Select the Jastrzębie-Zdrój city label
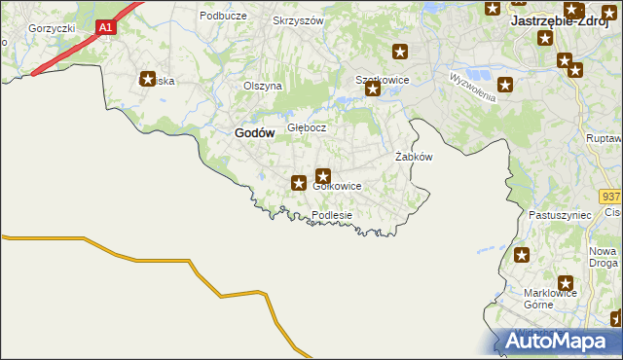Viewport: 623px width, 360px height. click(566, 21)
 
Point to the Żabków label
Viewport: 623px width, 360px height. click(413, 157)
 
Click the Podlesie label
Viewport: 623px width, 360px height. click(331, 215)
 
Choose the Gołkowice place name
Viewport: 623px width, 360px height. click(337, 186)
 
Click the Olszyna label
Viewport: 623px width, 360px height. click(262, 86)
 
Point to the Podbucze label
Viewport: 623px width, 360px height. click(222, 16)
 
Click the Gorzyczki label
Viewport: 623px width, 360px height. click(52, 28)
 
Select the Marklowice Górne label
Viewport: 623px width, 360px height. click(551, 298)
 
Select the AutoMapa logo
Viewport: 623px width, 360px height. click(557, 341)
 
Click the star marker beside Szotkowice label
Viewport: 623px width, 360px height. click(372, 90)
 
